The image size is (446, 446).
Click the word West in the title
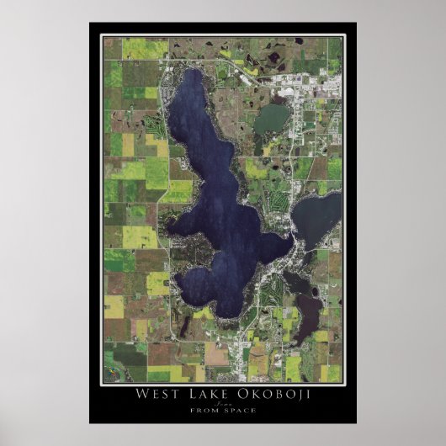coord(159,396)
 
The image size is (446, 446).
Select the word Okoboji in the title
coord(262,396)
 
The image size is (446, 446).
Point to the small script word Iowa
coord(223,404)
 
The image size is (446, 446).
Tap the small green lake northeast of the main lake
coord(270,119)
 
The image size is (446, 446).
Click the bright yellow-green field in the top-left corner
coord(135,47)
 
